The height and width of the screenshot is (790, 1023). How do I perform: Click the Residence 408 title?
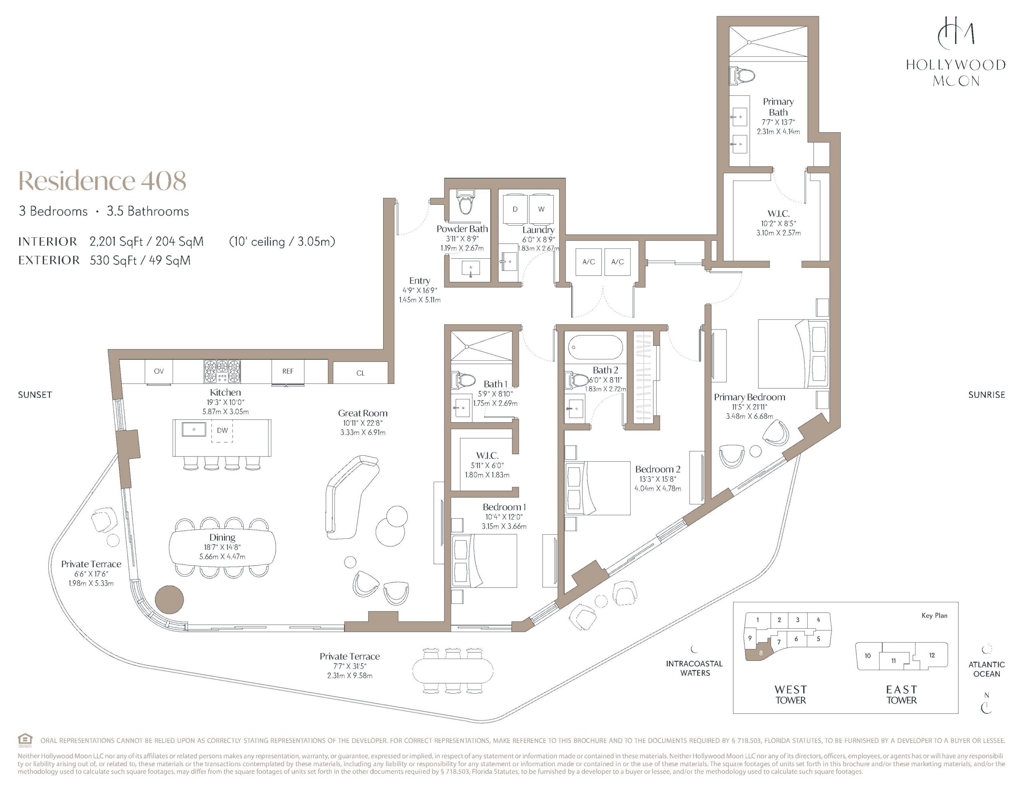coord(102,181)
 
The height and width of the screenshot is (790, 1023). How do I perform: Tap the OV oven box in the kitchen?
coord(159,372)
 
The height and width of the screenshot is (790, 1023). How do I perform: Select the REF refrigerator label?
coord(288,371)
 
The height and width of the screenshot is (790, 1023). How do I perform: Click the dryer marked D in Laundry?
coord(515,209)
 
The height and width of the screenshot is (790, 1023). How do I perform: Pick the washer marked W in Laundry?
coord(541,209)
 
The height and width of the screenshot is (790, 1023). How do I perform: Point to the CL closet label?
coord(360,373)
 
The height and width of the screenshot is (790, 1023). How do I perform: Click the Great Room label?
coord(363,413)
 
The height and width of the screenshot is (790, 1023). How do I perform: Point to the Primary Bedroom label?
coord(749,397)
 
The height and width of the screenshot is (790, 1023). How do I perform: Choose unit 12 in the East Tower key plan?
coord(931,655)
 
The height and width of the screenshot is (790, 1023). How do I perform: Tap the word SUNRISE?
coord(987,395)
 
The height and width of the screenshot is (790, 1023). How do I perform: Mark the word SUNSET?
coord(35,395)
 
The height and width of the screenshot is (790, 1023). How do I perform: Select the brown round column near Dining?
coord(169,599)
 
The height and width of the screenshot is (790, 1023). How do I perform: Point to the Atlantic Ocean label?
coord(987,669)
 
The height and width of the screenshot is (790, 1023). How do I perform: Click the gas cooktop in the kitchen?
coord(222,372)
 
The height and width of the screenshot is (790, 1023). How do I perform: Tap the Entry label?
coord(420,280)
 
